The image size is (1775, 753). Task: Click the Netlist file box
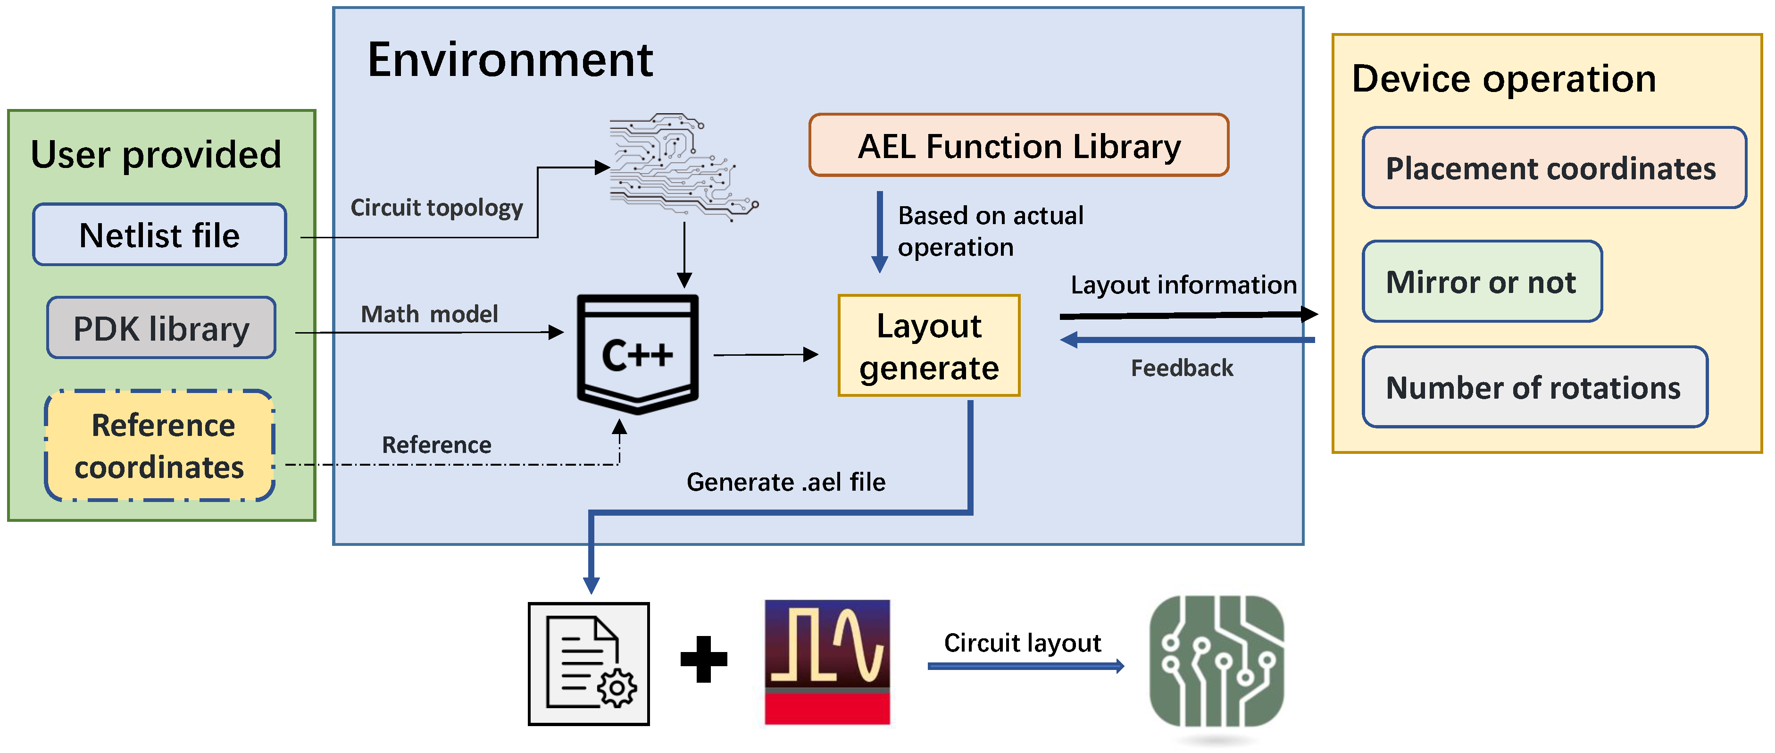tap(159, 235)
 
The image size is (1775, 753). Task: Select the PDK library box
tap(161, 328)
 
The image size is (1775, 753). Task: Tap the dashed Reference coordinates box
tap(160, 446)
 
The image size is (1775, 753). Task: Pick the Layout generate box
tap(928, 346)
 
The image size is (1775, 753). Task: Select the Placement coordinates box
tap(1553, 168)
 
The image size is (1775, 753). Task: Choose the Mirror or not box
tap(1482, 282)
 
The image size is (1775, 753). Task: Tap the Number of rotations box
tap(1534, 387)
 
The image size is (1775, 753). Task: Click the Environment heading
tap(510, 60)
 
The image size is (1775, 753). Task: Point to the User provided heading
tap(157, 154)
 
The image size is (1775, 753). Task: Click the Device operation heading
tap(1503, 78)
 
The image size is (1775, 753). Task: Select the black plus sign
tap(703, 659)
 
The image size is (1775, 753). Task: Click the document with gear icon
tap(589, 663)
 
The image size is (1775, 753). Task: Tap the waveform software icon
tap(827, 661)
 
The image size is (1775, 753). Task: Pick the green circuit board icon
tap(1216, 661)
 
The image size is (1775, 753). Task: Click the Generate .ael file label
tap(785, 482)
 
